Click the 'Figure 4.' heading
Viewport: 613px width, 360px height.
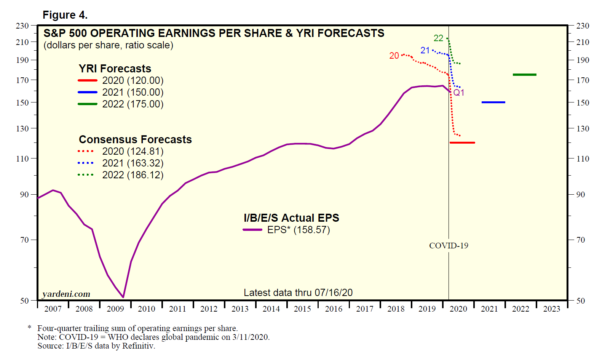pyautogui.click(x=65, y=15)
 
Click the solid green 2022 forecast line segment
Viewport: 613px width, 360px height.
pyautogui.click(x=524, y=75)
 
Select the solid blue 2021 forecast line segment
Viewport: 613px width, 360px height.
pyautogui.click(x=493, y=102)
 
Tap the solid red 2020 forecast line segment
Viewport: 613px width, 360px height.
pyautogui.click(x=462, y=142)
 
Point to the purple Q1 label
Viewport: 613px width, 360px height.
pyautogui.click(x=459, y=93)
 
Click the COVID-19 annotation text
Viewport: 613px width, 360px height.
pyautogui.click(x=449, y=246)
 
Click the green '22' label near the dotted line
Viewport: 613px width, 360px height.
pyautogui.click(x=438, y=38)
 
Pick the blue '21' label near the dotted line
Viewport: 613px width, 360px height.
pyautogui.click(x=425, y=50)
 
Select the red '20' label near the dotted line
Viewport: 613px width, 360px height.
pyautogui.click(x=394, y=56)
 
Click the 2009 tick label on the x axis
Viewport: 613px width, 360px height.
pyautogui.click(x=115, y=309)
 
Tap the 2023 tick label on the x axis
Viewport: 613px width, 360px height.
pyautogui.click(x=552, y=309)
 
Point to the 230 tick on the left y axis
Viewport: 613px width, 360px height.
pyautogui.click(x=22, y=26)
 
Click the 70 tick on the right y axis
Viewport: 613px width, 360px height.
pyautogui.click(x=580, y=240)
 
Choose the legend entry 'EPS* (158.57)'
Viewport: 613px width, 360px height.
pyautogui.click(x=298, y=230)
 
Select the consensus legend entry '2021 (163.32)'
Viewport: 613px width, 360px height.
pyautogui.click(x=132, y=163)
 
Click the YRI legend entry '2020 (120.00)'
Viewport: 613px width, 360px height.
pyautogui.click(x=132, y=80)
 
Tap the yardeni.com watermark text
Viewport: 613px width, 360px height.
pyautogui.click(x=66, y=294)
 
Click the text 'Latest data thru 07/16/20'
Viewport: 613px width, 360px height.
pyautogui.click(x=298, y=293)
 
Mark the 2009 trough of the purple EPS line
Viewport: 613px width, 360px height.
pyautogui.click(x=123, y=297)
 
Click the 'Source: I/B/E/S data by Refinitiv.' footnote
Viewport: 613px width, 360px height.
pyautogui.click(x=96, y=346)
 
